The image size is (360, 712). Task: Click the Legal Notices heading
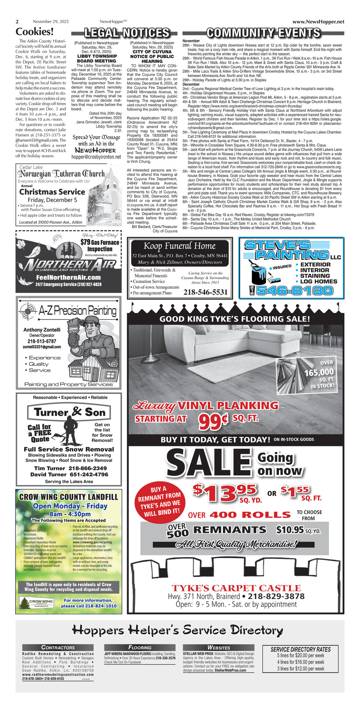coord(126,33)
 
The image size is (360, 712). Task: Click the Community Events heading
coord(263,33)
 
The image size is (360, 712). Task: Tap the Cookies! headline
coord(35,32)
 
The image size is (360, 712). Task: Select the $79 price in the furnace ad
coord(85,242)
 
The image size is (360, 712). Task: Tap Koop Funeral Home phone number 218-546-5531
coord(206,292)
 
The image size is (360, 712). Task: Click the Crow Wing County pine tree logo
coord(26,602)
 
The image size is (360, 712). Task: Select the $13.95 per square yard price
coord(224,493)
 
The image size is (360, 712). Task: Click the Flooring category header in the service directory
coord(140,647)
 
